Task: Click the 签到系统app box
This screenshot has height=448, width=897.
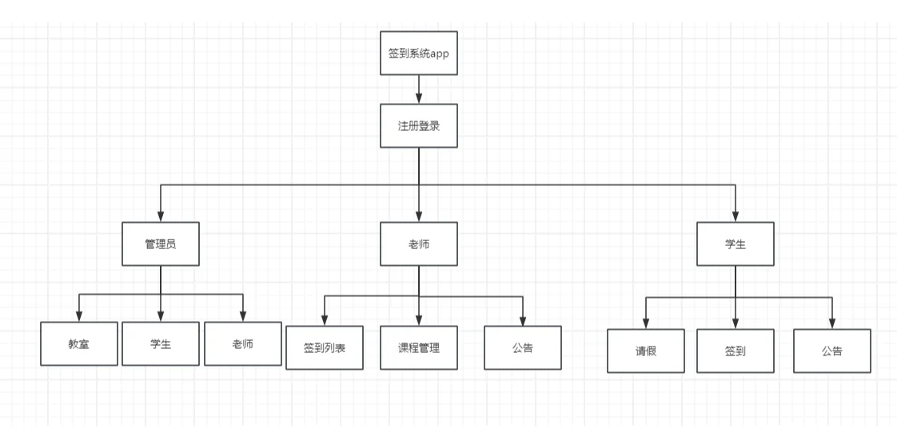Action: pos(419,53)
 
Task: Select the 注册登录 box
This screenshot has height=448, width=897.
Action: pos(419,125)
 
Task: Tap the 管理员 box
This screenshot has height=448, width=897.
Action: pos(161,244)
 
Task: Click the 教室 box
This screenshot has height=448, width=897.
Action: pos(79,343)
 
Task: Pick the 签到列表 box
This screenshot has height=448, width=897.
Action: pos(325,347)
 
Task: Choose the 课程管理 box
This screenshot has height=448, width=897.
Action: pos(419,347)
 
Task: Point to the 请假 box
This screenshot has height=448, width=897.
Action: pos(646,351)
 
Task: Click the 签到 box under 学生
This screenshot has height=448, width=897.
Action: pos(736,351)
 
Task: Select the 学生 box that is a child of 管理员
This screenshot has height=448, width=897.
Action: pos(161,343)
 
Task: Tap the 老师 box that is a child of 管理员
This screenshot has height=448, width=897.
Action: pos(243,343)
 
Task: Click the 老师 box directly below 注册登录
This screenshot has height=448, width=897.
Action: pos(419,244)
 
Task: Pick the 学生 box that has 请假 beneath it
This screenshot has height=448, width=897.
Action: pos(736,244)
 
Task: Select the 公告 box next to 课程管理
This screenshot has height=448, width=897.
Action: pos(523,347)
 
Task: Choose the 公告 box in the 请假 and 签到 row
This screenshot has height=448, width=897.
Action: pos(832,351)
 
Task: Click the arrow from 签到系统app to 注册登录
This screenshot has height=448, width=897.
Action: pos(419,89)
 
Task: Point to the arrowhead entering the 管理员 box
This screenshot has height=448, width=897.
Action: pos(161,216)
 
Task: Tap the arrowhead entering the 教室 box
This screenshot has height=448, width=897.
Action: pos(79,316)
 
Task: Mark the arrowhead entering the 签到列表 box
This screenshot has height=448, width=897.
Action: pos(325,320)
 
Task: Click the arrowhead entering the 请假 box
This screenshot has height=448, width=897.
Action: pos(646,323)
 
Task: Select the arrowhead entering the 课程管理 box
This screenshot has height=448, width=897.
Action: pos(419,320)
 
